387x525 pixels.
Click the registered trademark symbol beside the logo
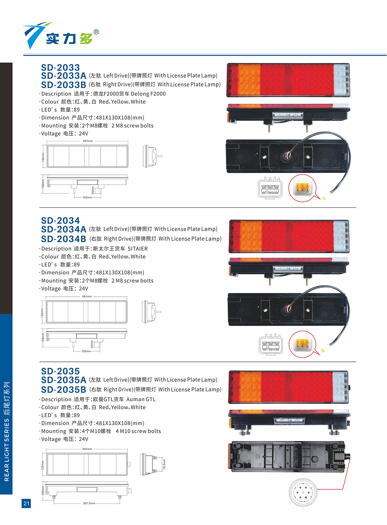96,32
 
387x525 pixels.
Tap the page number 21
26,503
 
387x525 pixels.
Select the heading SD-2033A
64,76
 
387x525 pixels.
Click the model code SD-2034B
64,239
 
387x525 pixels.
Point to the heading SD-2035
60,371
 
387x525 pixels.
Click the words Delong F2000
148,94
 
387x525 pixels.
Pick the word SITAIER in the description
138,249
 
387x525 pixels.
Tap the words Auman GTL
141,399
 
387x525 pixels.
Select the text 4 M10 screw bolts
138,431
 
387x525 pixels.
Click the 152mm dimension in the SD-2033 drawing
87,198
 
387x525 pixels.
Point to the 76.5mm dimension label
164,464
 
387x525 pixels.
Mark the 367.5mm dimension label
89,503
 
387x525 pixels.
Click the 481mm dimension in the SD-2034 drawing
87,296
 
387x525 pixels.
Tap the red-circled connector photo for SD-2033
302,188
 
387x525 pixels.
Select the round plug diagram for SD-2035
303,492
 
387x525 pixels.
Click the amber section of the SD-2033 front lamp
249,80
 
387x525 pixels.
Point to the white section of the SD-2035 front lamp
340,387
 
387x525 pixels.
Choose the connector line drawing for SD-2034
271,344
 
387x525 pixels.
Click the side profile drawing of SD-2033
152,156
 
